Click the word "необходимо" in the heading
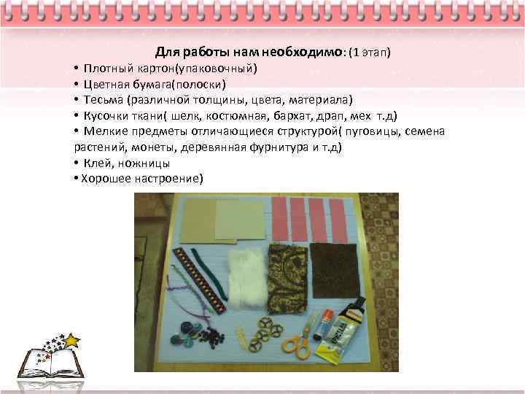click(x=306, y=53)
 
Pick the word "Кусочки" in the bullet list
click(x=106, y=115)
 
